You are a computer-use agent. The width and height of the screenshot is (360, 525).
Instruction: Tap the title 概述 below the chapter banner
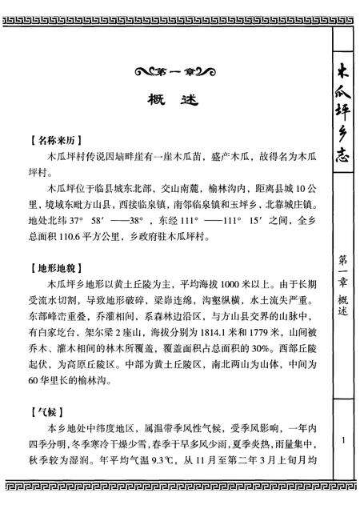point(167,102)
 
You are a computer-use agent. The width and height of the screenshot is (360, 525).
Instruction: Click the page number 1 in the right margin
point(342,439)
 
